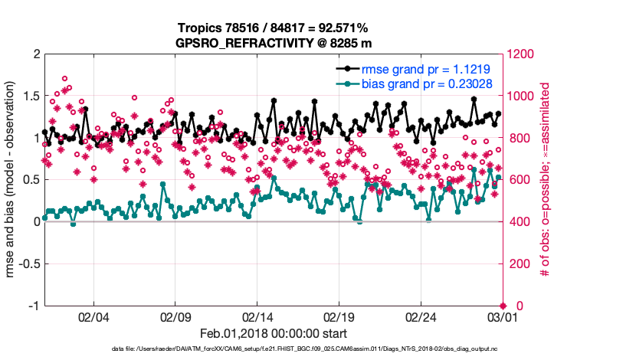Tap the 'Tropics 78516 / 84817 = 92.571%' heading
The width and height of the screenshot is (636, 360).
(274, 28)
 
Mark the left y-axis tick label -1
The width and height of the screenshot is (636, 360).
(32, 306)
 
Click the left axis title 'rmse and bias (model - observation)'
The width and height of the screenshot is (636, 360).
(11, 180)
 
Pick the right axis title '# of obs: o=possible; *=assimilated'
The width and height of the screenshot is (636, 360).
(546, 180)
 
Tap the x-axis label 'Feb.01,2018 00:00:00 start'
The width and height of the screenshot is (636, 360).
(274, 333)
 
